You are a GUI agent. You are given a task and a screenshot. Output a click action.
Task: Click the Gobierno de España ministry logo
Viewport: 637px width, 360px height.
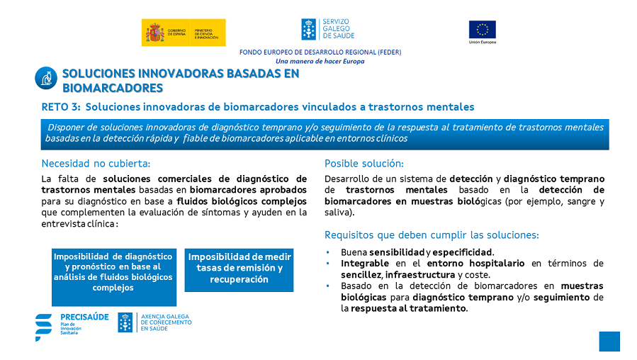click(x=184, y=33)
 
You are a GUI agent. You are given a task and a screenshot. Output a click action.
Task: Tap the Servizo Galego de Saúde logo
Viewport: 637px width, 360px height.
click(x=328, y=29)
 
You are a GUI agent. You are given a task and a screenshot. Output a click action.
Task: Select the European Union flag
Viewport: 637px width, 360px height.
click(x=483, y=30)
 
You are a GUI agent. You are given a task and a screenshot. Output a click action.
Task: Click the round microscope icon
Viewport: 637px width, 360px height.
click(x=46, y=78)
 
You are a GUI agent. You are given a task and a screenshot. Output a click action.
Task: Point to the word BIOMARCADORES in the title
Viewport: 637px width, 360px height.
click(x=113, y=88)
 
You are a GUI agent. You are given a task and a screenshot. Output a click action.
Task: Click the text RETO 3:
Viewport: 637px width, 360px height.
click(x=61, y=107)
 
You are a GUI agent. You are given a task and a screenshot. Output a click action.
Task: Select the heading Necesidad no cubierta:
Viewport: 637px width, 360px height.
click(x=96, y=163)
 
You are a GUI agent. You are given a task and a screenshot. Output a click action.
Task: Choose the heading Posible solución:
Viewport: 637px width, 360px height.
click(x=364, y=163)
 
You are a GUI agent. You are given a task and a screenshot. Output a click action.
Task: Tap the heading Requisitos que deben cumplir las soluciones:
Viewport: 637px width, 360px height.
click(x=432, y=235)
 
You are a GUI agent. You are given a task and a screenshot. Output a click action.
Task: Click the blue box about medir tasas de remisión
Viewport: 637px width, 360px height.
click(x=239, y=270)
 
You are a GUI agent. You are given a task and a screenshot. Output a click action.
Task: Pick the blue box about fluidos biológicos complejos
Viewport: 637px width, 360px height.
click(x=114, y=277)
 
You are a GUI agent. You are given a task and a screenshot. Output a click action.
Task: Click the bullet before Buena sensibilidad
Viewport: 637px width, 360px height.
click(x=328, y=252)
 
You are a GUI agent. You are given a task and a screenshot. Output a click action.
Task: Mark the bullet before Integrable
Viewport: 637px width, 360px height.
click(x=328, y=264)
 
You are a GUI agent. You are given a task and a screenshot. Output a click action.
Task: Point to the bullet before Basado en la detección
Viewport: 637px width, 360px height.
click(x=328, y=286)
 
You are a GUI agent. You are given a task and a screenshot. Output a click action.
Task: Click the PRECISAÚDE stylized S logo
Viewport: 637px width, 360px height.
click(x=43, y=327)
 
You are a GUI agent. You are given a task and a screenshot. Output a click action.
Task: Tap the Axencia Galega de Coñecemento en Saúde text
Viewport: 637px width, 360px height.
click(x=166, y=322)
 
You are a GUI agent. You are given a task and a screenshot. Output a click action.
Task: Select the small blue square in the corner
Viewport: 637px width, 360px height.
click(x=609, y=342)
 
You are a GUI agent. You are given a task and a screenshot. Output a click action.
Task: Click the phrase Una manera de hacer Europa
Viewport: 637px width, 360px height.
click(x=320, y=62)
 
